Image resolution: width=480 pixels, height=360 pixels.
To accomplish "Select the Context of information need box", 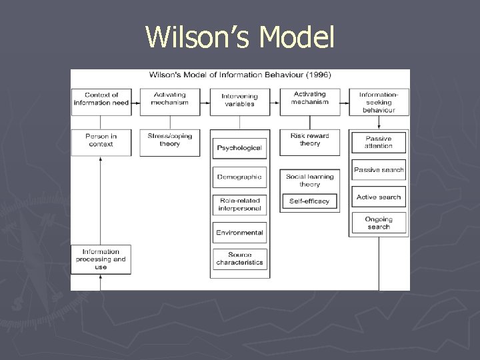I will click(x=101, y=99).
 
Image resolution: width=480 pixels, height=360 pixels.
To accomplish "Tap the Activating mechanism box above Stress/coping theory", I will click(x=170, y=99).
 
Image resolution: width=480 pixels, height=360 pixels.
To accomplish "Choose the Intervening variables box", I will click(x=239, y=100).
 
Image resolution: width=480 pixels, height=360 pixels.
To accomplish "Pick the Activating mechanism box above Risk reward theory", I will click(x=309, y=99).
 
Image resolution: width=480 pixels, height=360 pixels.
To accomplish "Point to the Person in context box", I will click(x=101, y=140).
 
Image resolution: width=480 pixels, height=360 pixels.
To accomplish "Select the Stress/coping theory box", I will click(x=170, y=140).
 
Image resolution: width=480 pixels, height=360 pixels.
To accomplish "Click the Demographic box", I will click(x=239, y=177).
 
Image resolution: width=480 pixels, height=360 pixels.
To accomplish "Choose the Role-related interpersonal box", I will click(x=239, y=205).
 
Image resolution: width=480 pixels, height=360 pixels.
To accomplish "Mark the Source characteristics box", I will click(x=239, y=259).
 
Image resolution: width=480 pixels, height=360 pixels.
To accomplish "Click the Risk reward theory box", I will click(x=309, y=140).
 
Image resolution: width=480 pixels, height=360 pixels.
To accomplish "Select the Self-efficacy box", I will click(x=309, y=201).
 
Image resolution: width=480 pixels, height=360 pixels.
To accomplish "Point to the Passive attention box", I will click(x=379, y=142).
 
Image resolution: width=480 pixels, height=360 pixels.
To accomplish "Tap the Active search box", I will click(x=379, y=197).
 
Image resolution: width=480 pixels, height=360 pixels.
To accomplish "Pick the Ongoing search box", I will click(x=379, y=223).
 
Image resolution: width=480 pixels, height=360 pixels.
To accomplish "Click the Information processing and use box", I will click(x=101, y=259).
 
